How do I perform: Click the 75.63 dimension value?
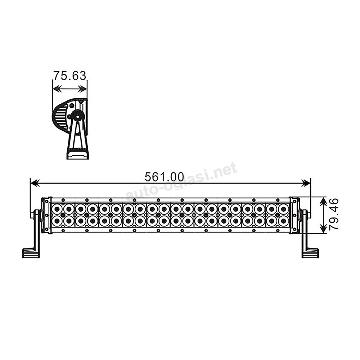(x=70, y=75)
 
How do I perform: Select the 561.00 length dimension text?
(x=165, y=177)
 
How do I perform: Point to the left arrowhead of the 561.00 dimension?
(x=35, y=183)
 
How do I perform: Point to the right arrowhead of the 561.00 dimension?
(x=306, y=183)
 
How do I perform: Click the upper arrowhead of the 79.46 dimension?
(x=323, y=201)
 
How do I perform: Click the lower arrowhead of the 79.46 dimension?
(x=323, y=229)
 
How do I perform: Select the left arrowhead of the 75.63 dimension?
(x=57, y=89)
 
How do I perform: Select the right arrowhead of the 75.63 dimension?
(x=83, y=89)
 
